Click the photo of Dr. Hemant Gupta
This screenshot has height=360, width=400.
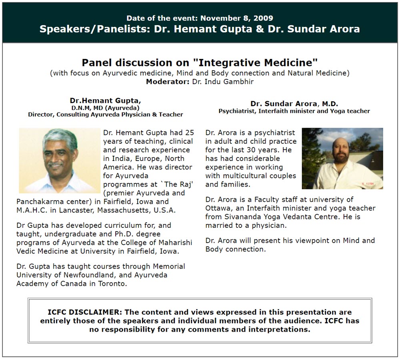click(59, 161)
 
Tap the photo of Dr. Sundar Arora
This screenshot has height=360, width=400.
click(342, 158)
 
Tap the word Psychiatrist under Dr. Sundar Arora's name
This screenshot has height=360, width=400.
click(237, 111)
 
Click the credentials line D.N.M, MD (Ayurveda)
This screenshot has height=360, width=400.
click(105, 108)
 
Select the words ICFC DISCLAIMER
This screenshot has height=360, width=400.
click(82, 312)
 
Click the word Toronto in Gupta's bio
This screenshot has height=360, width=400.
click(112, 284)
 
